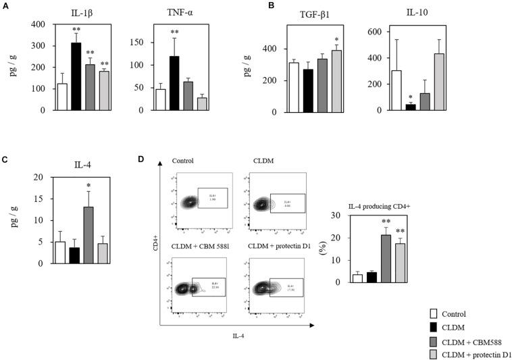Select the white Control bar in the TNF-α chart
pos(161,99)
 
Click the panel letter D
pos(141,159)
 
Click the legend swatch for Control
pos(436,313)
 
